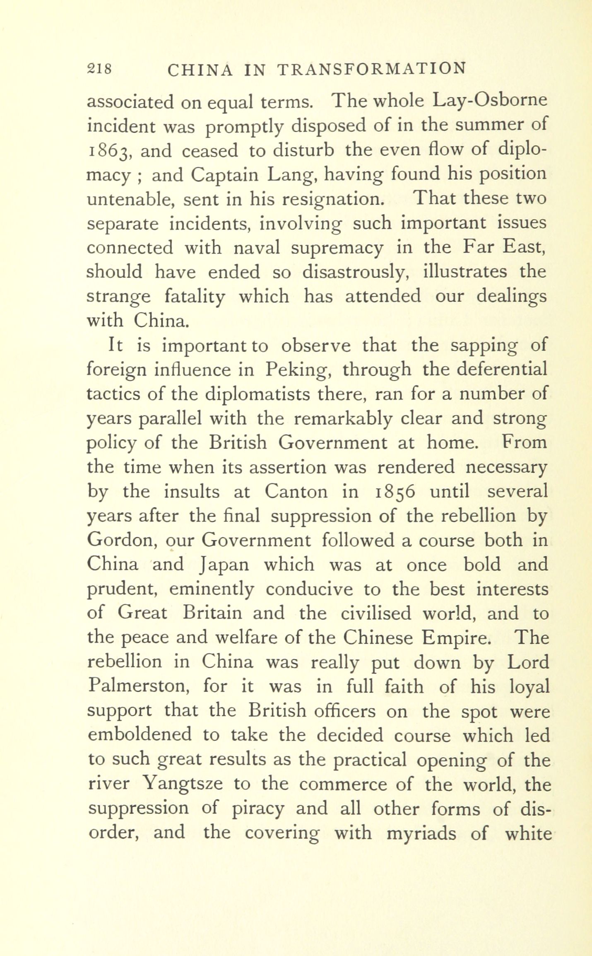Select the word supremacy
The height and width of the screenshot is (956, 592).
(337, 248)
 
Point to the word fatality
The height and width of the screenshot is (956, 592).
(195, 297)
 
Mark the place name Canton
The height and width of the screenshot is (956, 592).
(296, 492)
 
